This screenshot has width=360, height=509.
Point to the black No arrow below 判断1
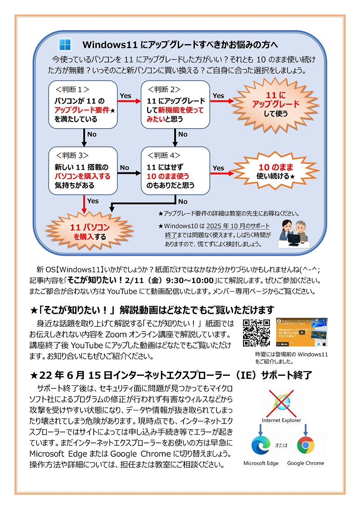tap(84, 137)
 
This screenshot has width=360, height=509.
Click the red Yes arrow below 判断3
tap(84, 203)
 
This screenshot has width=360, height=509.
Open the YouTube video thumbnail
tap(301, 332)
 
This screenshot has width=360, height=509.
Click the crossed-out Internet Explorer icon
tap(283, 401)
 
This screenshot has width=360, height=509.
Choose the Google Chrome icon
tap(306, 445)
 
